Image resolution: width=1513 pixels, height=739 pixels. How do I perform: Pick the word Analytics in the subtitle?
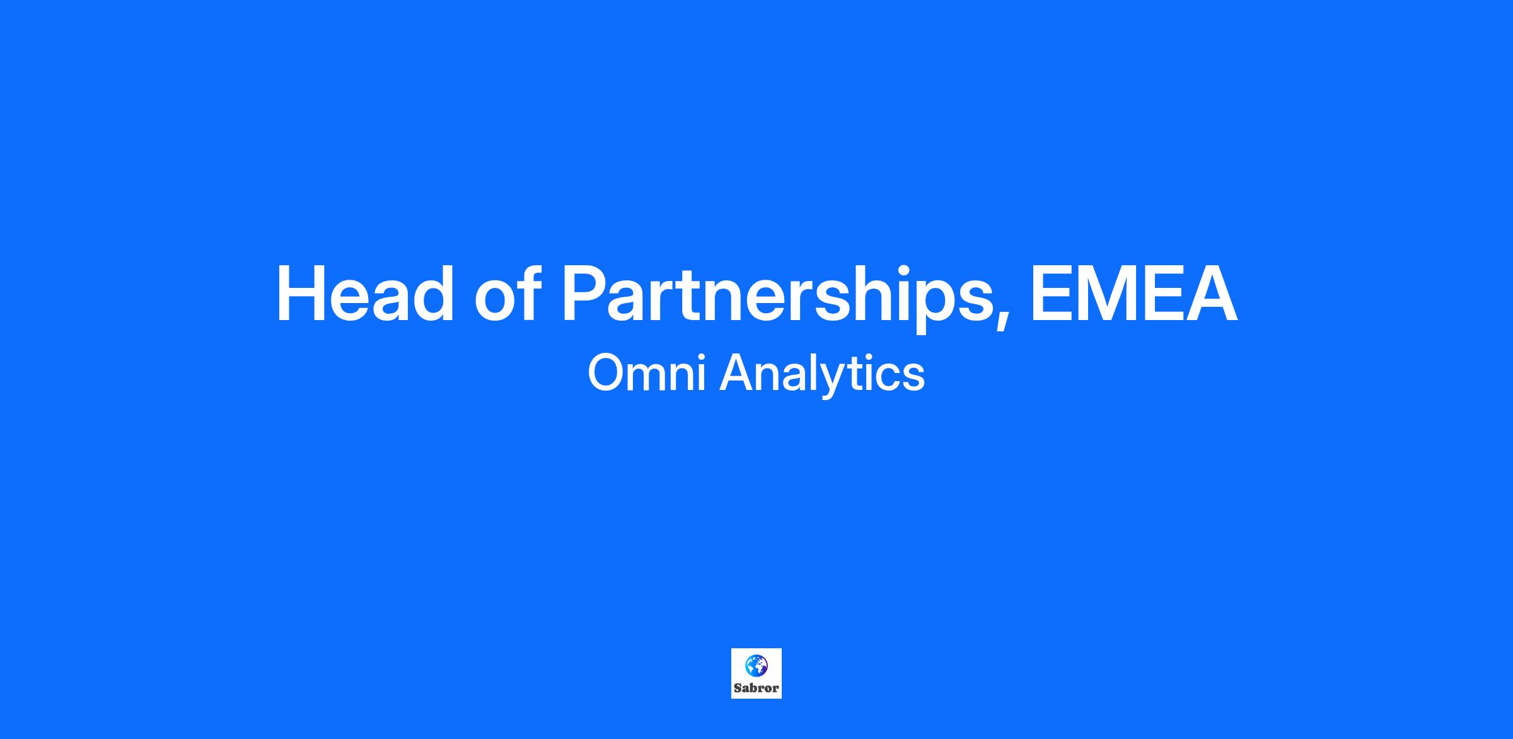[822, 375]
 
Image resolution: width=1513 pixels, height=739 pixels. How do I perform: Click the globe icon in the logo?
[756, 665]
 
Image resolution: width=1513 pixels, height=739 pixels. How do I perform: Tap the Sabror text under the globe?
[756, 689]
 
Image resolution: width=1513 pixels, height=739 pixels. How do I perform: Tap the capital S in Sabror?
[738, 689]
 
